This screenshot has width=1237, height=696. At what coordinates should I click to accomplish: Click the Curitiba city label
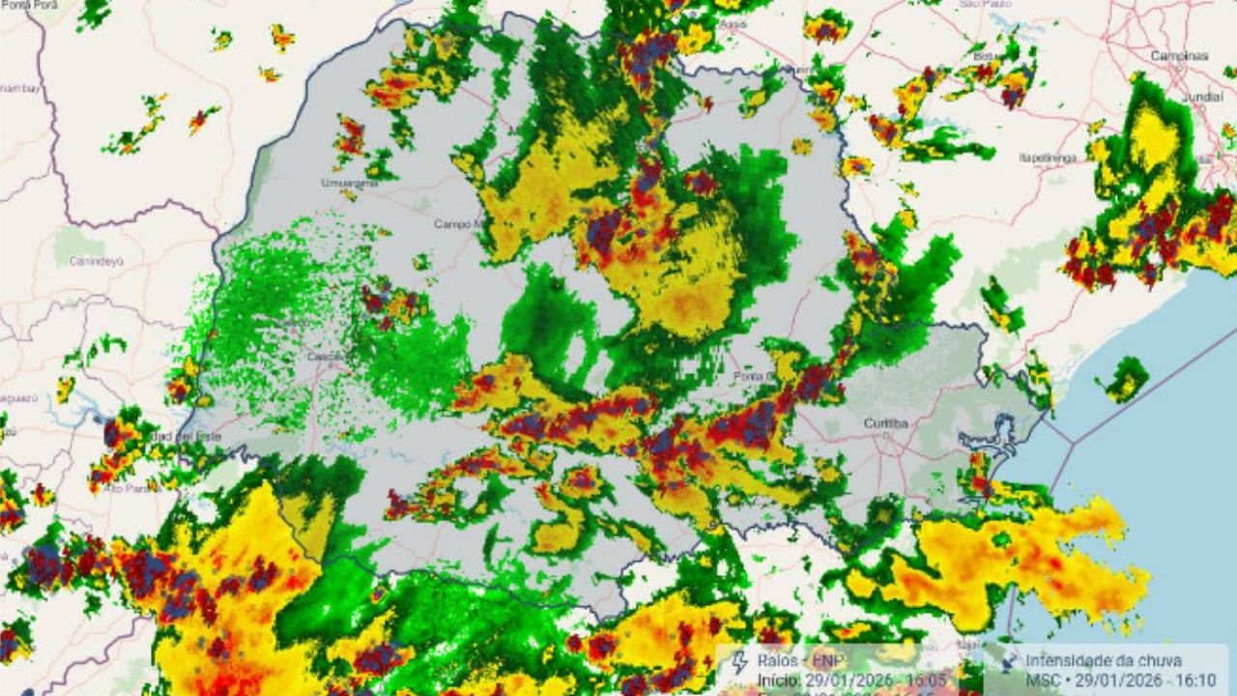(885, 422)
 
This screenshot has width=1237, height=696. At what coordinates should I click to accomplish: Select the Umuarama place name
(347, 183)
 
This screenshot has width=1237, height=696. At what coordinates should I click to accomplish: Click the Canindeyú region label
(95, 260)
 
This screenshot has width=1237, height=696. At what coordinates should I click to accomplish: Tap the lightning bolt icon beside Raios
(740, 663)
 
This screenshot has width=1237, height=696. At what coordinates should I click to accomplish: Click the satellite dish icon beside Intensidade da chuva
(1007, 663)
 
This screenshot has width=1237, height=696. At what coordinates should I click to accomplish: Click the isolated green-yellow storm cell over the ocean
(1126, 378)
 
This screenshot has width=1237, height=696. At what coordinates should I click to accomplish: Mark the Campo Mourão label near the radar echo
(457, 223)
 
